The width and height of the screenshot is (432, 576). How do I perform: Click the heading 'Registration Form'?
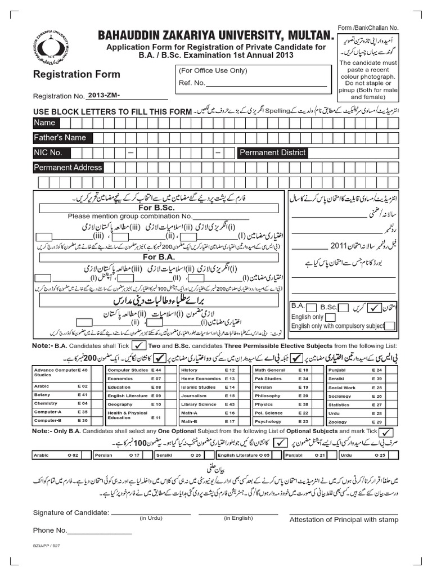[76, 74]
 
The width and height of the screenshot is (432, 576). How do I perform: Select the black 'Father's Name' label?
[60, 138]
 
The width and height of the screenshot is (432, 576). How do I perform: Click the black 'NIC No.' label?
[48, 153]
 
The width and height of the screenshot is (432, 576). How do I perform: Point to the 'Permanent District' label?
[273, 152]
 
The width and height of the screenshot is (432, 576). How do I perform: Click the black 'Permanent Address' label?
[68, 168]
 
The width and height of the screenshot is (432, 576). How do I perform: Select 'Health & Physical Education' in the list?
[135, 415]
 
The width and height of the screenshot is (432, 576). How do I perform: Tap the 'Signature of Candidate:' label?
[71, 512]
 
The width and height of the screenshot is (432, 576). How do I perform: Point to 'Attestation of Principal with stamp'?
[344, 520]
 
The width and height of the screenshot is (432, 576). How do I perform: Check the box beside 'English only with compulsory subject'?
[390, 326]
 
